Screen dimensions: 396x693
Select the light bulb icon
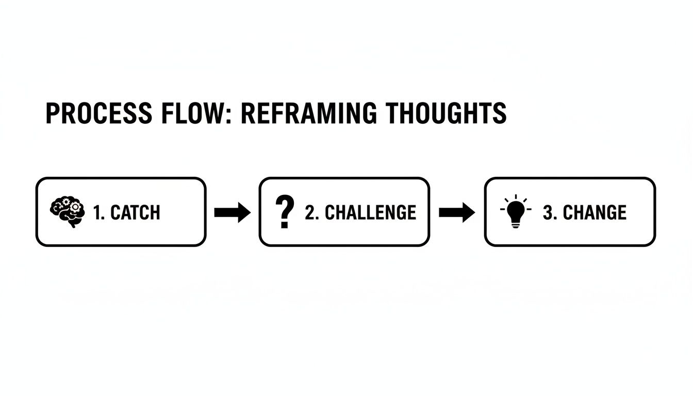coord(515,211)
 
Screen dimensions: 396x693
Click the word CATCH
coord(135,212)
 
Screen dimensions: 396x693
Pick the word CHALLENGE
coord(370,212)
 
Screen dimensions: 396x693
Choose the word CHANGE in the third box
coord(595,212)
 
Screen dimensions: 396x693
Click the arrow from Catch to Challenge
coord(232,212)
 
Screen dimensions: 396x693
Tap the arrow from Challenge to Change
coord(457,212)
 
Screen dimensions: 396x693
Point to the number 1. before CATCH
coord(98,212)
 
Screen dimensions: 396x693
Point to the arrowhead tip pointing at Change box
coord(474,212)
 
